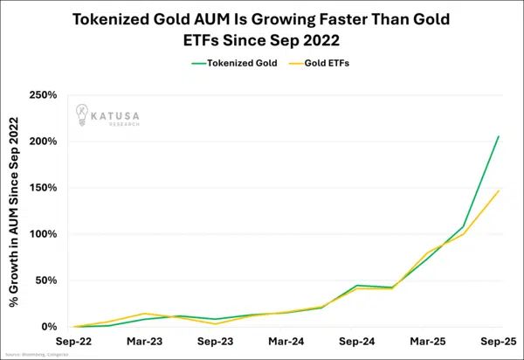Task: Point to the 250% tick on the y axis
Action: coord(44,95)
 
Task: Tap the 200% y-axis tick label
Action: coord(44,142)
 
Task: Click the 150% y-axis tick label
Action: coord(44,188)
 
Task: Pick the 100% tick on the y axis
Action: coord(44,234)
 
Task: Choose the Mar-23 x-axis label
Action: coord(143,342)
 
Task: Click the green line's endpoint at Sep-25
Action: coord(499,136)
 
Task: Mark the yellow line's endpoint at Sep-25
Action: coord(499,190)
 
